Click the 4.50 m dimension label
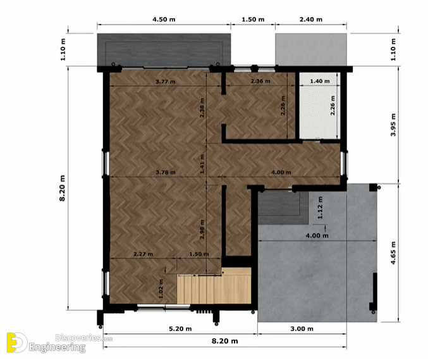(x=164, y=20)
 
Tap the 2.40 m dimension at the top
(x=311, y=20)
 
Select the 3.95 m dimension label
(x=393, y=125)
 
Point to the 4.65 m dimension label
(x=393, y=253)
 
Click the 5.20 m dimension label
(x=180, y=328)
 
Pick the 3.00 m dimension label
(x=302, y=328)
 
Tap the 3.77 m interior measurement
(x=166, y=82)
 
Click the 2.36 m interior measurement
(x=260, y=81)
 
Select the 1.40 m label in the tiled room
(x=320, y=81)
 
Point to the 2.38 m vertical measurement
(x=202, y=108)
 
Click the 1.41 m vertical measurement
(x=202, y=164)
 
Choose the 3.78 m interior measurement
(x=166, y=172)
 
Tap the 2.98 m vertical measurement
(x=202, y=230)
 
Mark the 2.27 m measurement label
(x=144, y=254)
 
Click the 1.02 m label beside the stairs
(x=161, y=289)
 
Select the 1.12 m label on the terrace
(x=320, y=208)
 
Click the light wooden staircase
(x=214, y=286)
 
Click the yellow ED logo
(x=17, y=342)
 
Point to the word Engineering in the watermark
(x=57, y=348)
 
